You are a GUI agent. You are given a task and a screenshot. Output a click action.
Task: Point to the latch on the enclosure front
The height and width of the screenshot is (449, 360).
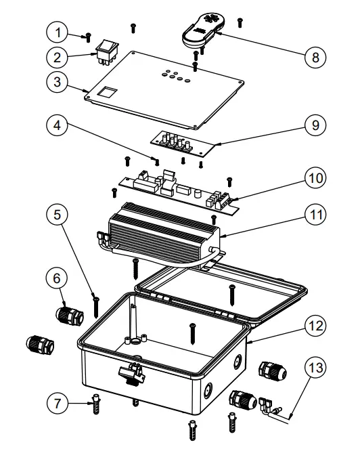tap(131, 370)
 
